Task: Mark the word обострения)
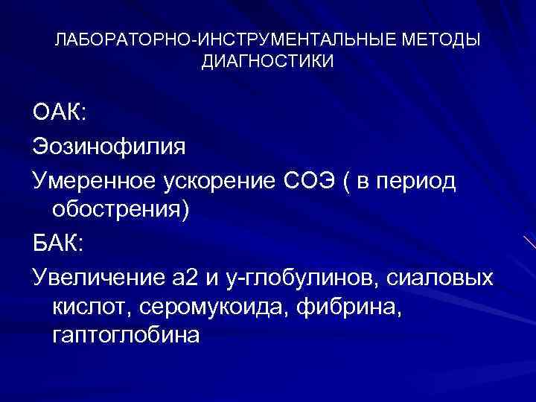121,211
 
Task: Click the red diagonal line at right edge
529,242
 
